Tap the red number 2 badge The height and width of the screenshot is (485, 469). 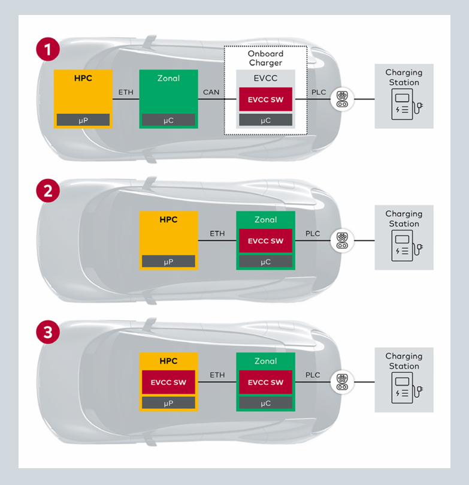(x=48, y=191)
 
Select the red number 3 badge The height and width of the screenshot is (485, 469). (x=48, y=332)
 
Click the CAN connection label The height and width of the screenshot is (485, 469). (x=211, y=92)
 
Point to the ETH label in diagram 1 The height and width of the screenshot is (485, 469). (x=126, y=92)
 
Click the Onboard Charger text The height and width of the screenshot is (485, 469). (x=265, y=58)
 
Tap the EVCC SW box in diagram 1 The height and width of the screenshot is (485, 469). (x=265, y=100)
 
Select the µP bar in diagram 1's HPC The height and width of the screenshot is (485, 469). (x=83, y=120)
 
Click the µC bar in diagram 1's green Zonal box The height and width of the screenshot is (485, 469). (x=168, y=120)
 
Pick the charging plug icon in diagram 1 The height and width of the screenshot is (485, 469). (x=342, y=99)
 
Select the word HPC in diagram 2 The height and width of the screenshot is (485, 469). (x=168, y=219)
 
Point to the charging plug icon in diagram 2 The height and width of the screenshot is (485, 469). (x=342, y=240)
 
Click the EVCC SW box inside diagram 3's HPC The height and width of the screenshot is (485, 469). (x=168, y=382)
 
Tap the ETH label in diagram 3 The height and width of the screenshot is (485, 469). (x=217, y=375)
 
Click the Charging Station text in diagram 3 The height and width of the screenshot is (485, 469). (x=403, y=361)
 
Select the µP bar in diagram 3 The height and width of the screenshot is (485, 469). (x=168, y=403)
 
